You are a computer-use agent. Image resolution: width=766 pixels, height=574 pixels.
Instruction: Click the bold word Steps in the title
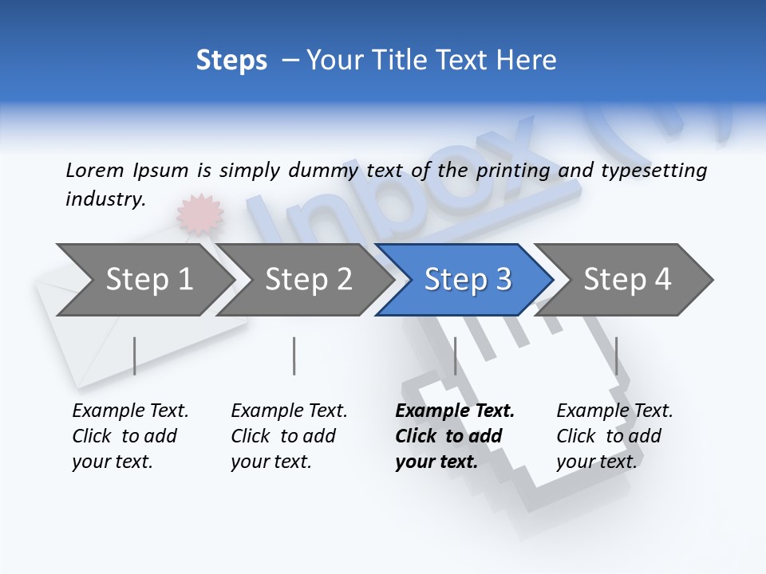pos(231,61)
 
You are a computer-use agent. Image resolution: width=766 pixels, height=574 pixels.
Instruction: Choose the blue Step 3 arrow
pos(468,280)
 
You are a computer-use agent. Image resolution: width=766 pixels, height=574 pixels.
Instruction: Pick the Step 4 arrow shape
pos(627,280)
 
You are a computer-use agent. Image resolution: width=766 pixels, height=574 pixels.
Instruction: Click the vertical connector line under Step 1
pos(134,356)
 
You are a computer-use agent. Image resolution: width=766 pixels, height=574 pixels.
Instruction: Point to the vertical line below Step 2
pos(294,356)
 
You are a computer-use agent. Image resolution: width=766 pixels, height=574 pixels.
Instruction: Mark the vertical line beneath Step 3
pos(455,356)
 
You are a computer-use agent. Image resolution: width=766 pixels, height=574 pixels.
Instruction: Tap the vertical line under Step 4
pos(616,356)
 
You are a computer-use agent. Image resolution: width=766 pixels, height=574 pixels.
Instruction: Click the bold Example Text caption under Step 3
pos(455,436)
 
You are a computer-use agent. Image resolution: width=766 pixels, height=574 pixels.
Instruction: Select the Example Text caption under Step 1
pos(130,436)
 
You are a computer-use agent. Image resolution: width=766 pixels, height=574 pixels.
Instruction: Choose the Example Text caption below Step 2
pos(289,436)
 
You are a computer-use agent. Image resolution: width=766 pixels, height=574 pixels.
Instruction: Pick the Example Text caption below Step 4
pos(614,436)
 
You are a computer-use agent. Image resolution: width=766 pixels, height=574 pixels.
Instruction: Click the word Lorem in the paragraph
pos(94,170)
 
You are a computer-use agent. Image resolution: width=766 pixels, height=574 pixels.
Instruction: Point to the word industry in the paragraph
pos(105,199)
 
